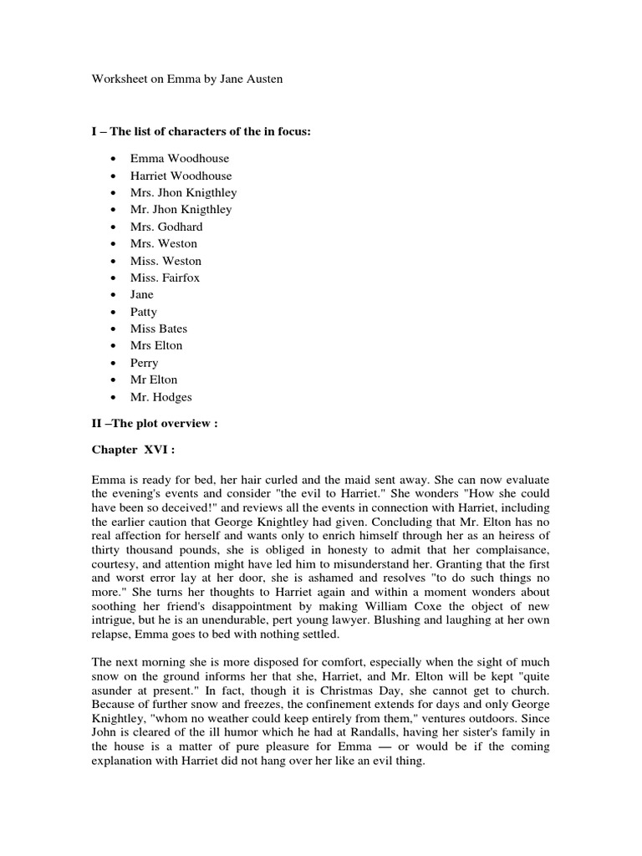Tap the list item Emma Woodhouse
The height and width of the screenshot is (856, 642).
[x=179, y=158]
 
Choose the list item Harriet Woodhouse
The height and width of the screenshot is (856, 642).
[x=181, y=176]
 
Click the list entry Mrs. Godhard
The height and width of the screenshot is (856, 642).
[x=166, y=227]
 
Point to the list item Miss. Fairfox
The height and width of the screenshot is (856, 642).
[x=165, y=278]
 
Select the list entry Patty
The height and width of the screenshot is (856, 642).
[x=143, y=312]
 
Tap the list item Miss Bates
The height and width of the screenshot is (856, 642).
[x=159, y=329]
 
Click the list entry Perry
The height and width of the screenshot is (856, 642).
[x=144, y=363]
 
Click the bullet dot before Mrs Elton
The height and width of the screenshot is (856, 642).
[x=112, y=346]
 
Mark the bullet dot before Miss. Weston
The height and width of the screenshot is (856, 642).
[x=112, y=261]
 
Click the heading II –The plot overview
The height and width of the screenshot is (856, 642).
[x=154, y=423]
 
